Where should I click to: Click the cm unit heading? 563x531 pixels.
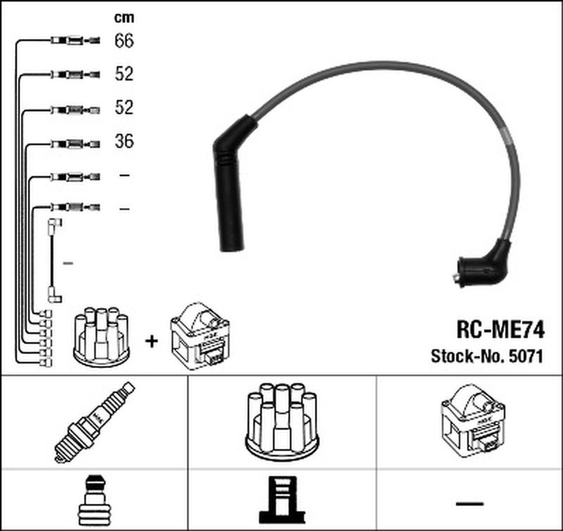tap(123, 16)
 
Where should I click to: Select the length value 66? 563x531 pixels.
tap(123, 41)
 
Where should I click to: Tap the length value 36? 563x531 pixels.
tap(123, 142)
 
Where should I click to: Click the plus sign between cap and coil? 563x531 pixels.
tap(151, 341)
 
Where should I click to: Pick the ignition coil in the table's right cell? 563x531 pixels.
tap(470, 421)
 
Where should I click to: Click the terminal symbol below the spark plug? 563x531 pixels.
tap(94, 499)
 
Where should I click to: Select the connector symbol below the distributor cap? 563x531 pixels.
tap(281, 499)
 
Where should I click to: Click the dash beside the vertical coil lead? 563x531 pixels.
tap(68, 263)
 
